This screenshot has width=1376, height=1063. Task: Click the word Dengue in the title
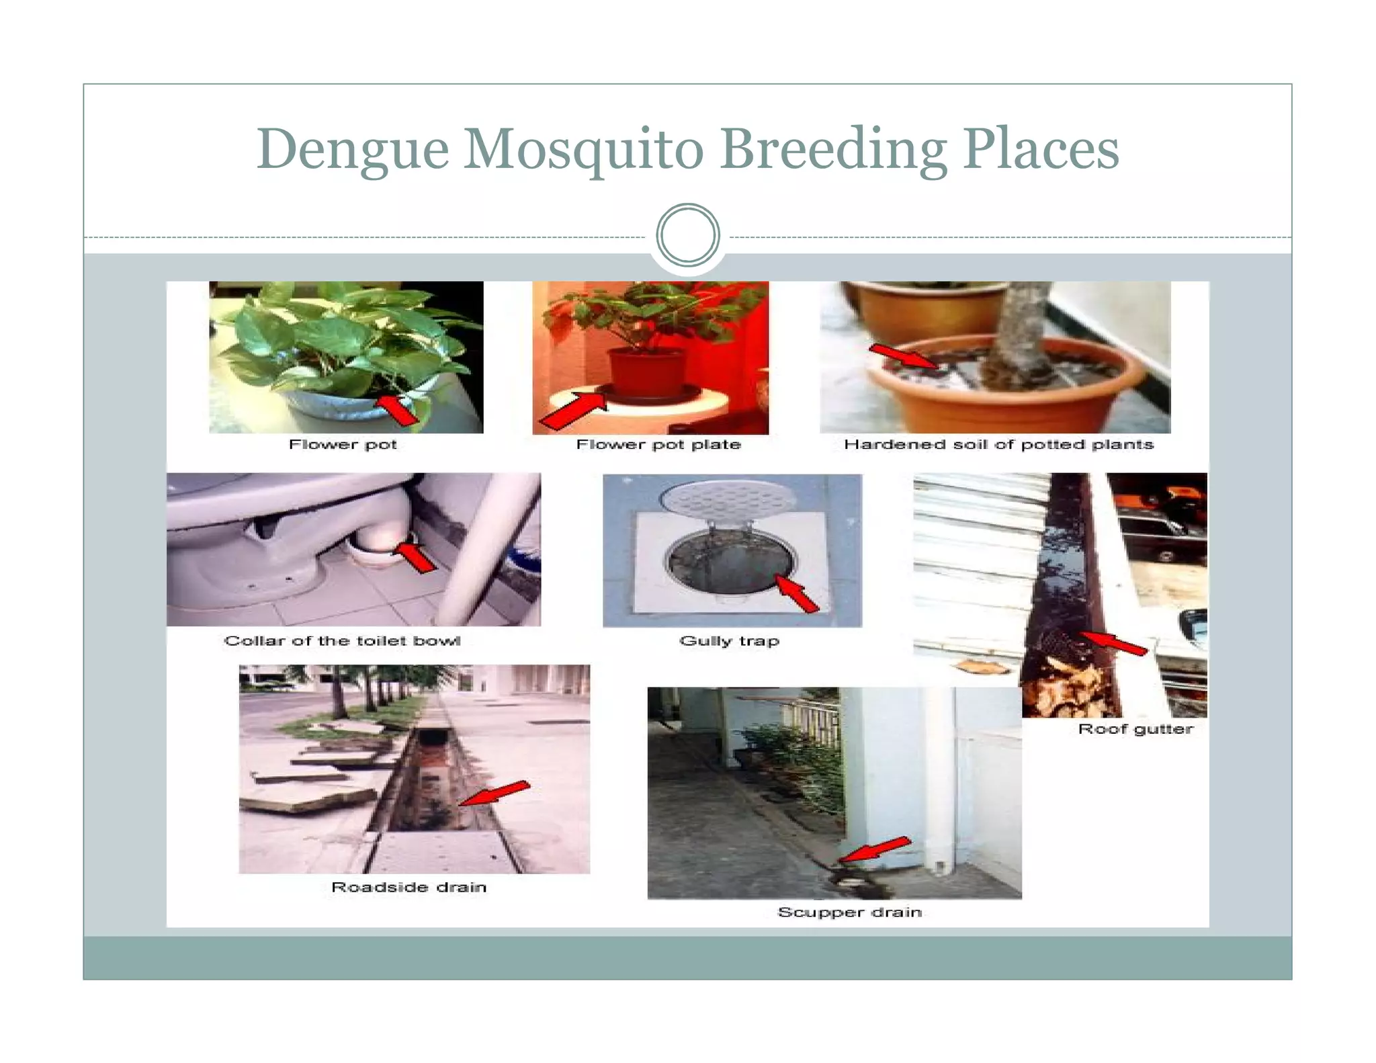(x=352, y=149)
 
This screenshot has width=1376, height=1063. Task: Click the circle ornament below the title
(x=687, y=235)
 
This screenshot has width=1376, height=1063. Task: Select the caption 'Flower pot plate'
(x=658, y=444)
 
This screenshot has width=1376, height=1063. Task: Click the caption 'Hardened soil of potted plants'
(x=998, y=444)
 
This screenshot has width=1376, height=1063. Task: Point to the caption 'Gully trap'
(x=729, y=640)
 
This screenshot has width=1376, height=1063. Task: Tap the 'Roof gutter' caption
(x=1135, y=729)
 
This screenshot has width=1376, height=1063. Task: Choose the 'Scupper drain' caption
(x=849, y=912)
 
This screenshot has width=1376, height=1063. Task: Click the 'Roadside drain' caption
(x=408, y=887)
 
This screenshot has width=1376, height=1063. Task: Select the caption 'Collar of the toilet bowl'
(x=342, y=640)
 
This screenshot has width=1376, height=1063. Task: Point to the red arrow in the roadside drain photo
(x=494, y=794)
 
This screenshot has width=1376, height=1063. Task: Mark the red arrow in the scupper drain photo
(x=873, y=849)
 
